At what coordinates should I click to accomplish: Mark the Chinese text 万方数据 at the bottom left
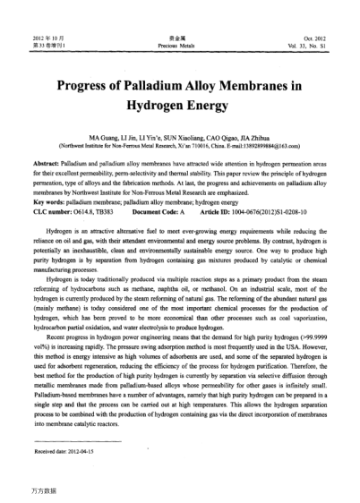coord(38,490)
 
